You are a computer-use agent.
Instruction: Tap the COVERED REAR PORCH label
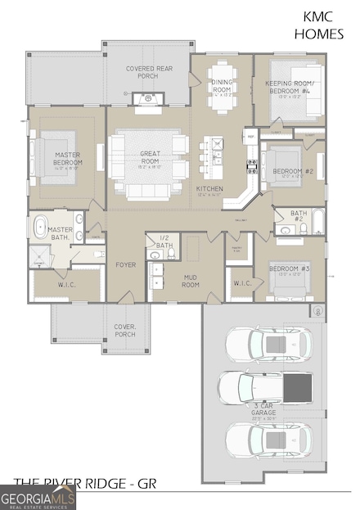pyautogui.click(x=147, y=72)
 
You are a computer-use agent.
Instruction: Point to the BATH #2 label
pyautogui.click(x=299, y=216)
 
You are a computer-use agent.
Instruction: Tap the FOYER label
pyautogui.click(x=125, y=264)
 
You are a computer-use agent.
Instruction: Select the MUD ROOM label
pyautogui.click(x=190, y=281)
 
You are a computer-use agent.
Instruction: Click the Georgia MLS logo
pyautogui.click(x=38, y=497)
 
